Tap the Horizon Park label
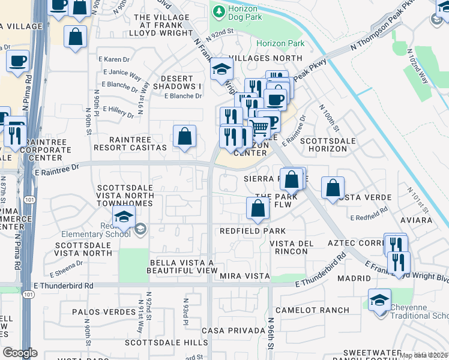(280, 43)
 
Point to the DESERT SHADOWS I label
(177, 83)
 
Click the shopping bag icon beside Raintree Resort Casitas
(184, 136)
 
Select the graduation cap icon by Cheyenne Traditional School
(379, 299)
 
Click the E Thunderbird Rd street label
(64, 286)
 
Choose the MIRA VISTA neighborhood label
(243, 275)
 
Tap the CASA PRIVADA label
(234, 331)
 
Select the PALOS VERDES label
(104, 312)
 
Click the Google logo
(20, 353)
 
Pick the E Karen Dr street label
(113, 59)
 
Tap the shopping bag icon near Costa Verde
(333, 187)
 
